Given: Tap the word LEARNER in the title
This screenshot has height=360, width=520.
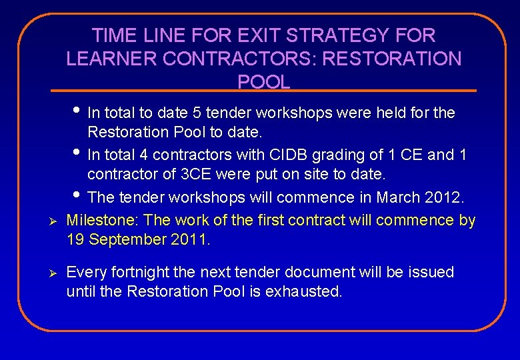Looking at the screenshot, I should pyautogui.click(x=111, y=59).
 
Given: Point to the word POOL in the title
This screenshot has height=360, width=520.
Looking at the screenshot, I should pyautogui.click(x=264, y=82).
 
